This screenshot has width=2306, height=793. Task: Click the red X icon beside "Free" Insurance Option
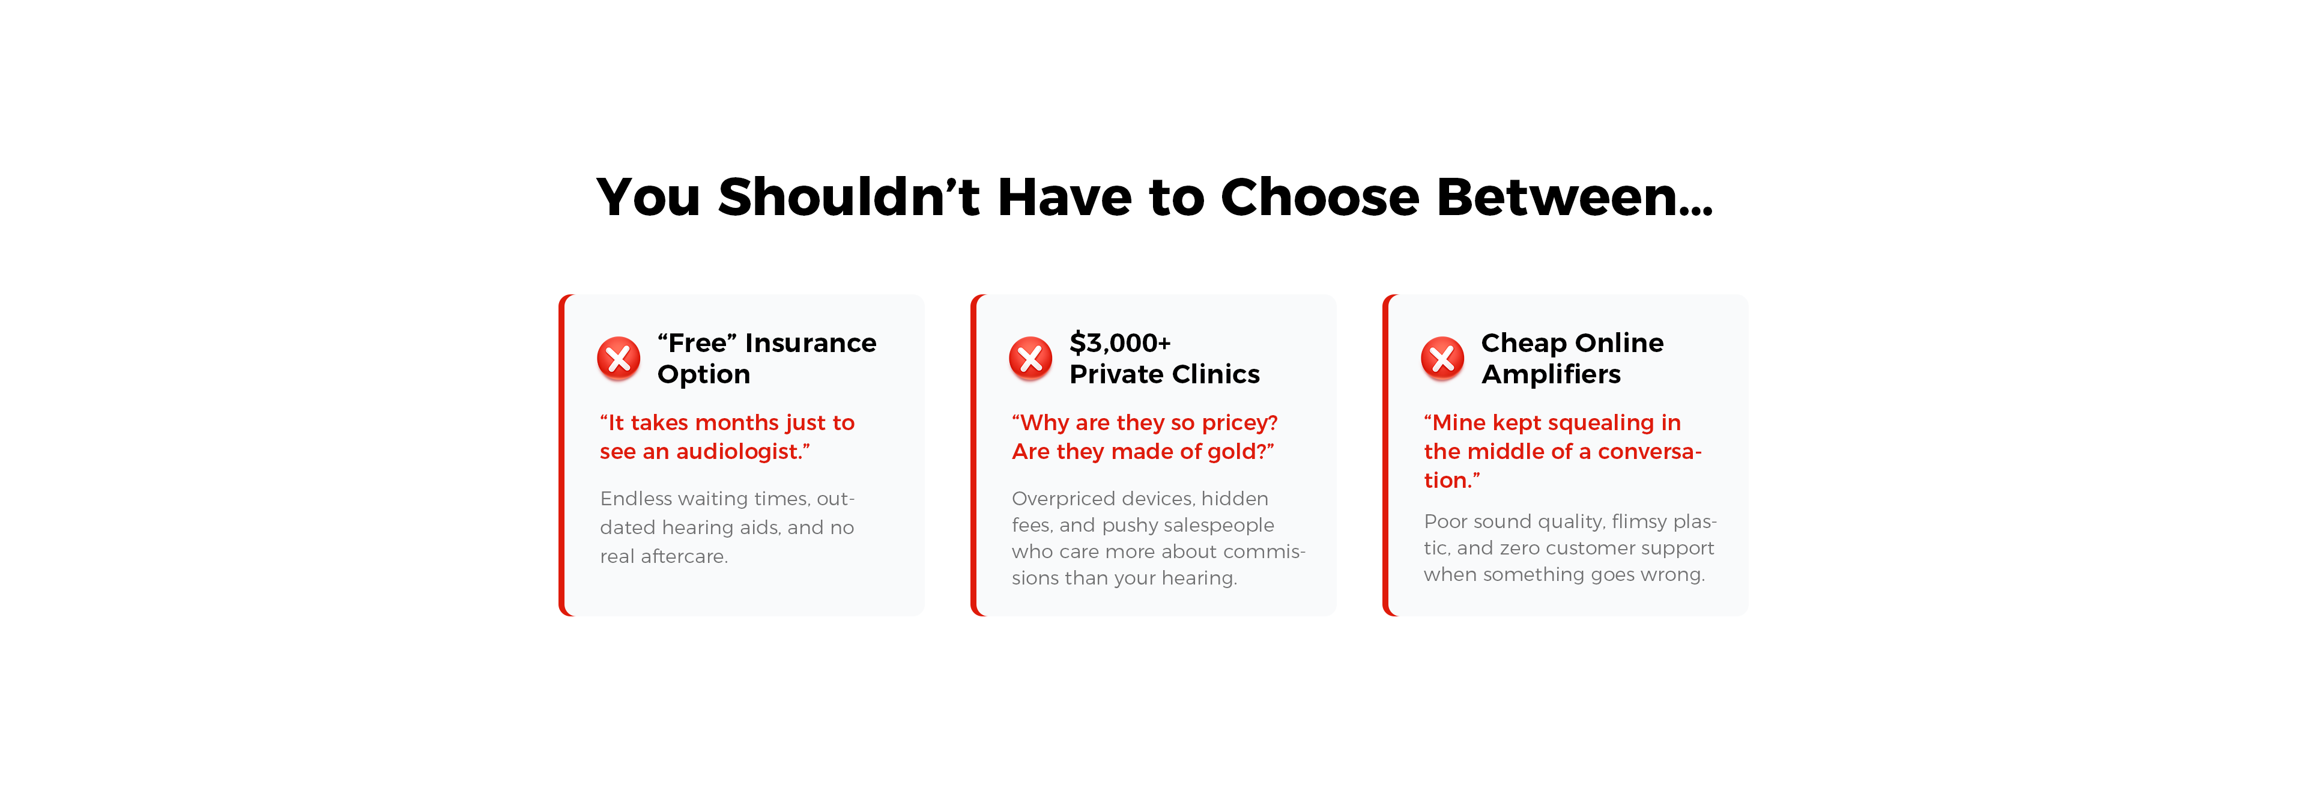click(619, 359)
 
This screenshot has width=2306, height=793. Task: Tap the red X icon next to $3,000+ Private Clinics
click(1030, 359)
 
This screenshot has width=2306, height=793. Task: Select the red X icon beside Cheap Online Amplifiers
click(1442, 359)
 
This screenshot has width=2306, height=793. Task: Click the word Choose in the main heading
click(1319, 197)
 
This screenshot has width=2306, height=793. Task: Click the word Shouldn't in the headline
click(849, 197)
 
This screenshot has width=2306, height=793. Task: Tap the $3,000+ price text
click(1120, 343)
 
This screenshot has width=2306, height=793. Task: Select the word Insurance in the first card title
click(810, 343)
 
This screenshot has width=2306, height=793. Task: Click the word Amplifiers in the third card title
click(1551, 374)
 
